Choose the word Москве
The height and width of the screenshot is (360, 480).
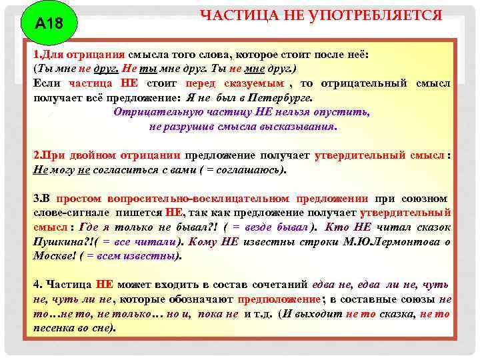point(53,255)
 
